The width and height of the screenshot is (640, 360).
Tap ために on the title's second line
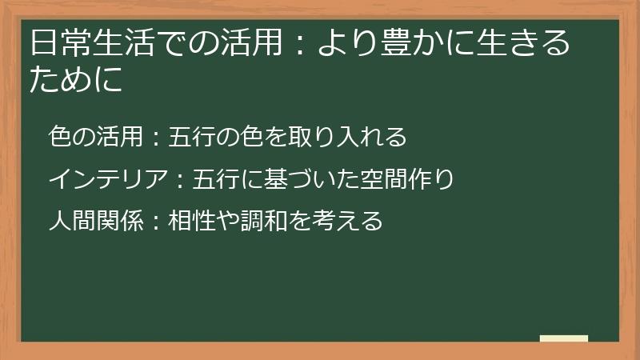pyautogui.click(x=76, y=80)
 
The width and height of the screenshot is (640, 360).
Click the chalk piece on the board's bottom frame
pyautogui.click(x=564, y=339)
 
